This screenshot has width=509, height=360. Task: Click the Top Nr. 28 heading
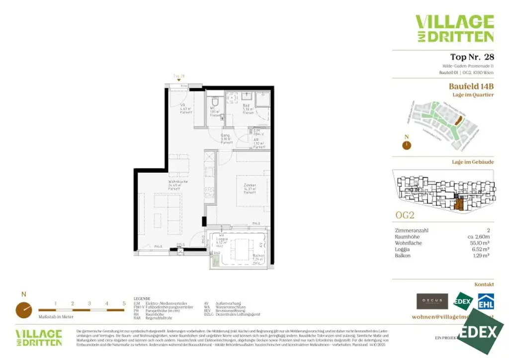pyautogui.click(x=471, y=57)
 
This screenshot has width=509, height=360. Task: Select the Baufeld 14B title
pyautogui.click(x=471, y=86)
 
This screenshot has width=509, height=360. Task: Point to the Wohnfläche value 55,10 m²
pyautogui.click(x=481, y=243)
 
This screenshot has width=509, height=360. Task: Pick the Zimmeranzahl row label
pyautogui.click(x=411, y=231)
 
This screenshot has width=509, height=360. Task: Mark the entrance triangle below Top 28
pyautogui.click(x=179, y=80)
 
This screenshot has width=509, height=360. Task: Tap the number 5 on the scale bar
pyautogui.click(x=124, y=303)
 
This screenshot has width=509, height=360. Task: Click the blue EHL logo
pyautogui.click(x=486, y=302)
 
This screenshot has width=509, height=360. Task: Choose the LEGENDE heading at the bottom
pyautogui.click(x=142, y=299)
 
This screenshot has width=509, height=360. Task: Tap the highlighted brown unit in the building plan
pyautogui.click(x=459, y=204)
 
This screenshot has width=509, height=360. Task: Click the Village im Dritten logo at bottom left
pyautogui.click(x=39, y=337)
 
